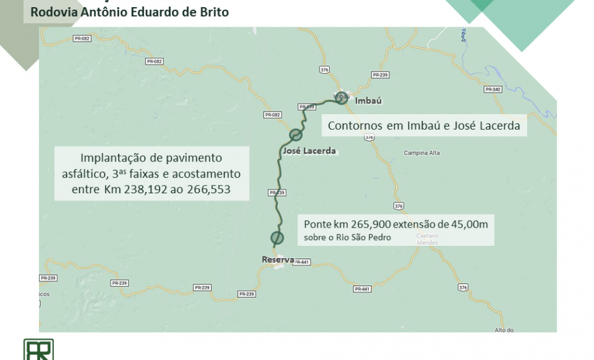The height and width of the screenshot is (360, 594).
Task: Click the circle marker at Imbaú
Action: [x=342, y=99]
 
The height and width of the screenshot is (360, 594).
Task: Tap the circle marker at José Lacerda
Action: [x=296, y=135]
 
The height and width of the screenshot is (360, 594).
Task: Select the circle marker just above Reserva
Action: [x=277, y=237]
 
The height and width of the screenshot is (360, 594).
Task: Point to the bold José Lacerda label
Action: [x=310, y=151]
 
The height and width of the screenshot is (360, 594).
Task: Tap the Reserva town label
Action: [x=277, y=260]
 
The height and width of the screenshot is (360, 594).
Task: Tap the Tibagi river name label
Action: [x=464, y=35]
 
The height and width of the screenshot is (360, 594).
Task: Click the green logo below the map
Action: [x=38, y=350]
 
